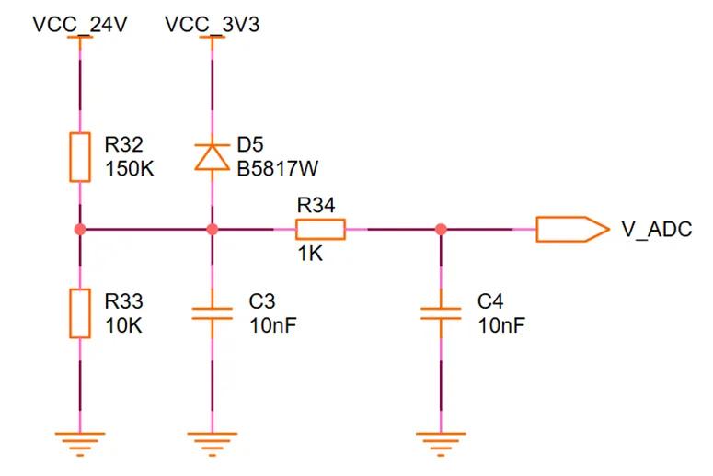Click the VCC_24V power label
79,25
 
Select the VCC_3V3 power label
212,25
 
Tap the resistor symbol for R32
80,157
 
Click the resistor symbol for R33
80,313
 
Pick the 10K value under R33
123,325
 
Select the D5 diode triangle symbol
213,156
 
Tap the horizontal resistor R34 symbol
320,229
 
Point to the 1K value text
310,255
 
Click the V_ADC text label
656,230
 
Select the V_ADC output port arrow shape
570,229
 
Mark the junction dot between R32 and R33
80,229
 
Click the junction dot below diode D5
213,229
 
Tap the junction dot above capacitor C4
441,229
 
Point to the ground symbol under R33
80,442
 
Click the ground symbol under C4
441,442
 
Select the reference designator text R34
316,205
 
